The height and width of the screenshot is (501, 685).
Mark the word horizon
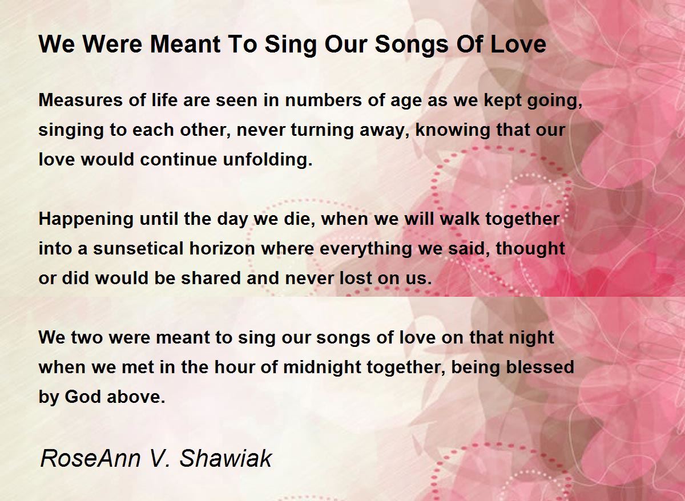point(229,249)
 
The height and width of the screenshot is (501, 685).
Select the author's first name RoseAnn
point(88,458)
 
